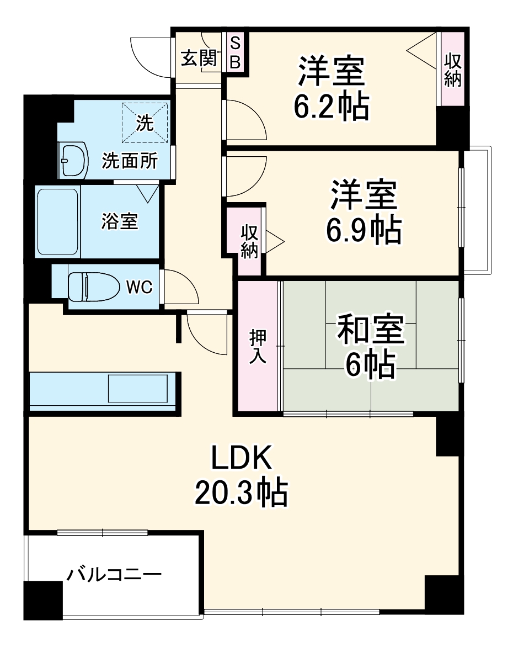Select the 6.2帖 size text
click(331, 107)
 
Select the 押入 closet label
click(258, 346)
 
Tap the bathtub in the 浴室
click(57, 221)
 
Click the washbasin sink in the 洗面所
click(73, 160)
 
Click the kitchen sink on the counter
click(137, 389)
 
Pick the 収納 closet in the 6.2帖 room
click(452, 69)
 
